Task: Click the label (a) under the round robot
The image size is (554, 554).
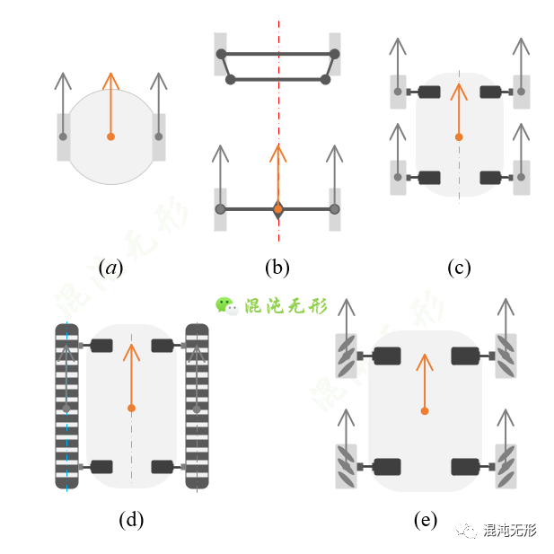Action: (111, 268)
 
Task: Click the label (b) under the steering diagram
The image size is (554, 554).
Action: (277, 268)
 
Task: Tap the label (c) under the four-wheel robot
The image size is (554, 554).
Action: (459, 268)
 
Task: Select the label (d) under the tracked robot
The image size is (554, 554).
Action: (131, 520)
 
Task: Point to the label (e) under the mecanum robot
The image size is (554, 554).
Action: (426, 520)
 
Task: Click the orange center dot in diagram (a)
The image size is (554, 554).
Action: (111, 136)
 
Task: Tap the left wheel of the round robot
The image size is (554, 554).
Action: (63, 137)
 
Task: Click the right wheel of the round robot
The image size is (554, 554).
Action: (159, 137)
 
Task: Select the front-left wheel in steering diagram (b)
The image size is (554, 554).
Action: (221, 54)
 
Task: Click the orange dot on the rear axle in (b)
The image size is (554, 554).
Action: (278, 209)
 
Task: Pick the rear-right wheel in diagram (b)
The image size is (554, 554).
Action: (335, 209)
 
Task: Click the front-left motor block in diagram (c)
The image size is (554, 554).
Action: (429, 92)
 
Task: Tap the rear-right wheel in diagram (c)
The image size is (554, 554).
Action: (522, 178)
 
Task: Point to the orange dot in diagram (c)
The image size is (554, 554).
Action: (459, 137)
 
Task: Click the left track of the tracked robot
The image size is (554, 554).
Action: (66, 407)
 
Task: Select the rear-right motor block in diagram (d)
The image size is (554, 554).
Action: (163, 467)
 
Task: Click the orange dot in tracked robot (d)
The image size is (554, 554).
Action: (131, 408)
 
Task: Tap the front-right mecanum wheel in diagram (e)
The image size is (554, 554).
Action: (506, 356)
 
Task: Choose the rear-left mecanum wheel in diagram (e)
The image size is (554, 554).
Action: (347, 466)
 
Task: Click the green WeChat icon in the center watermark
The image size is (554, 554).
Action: (226, 306)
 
